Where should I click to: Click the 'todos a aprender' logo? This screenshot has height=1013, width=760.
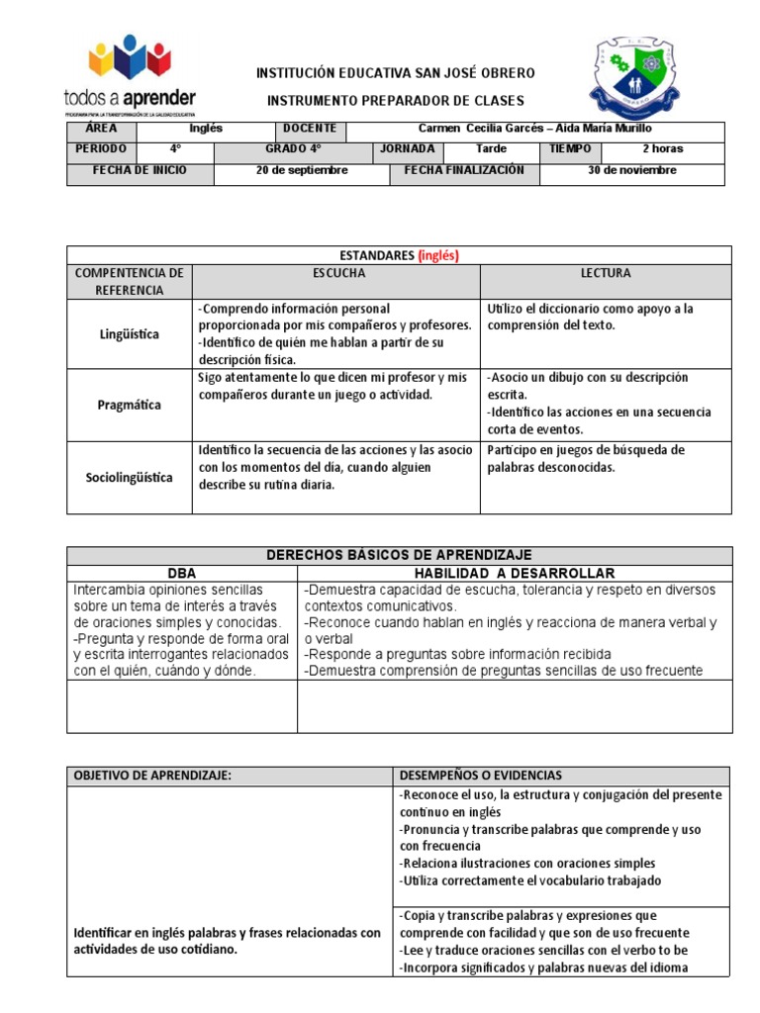pyautogui.click(x=129, y=75)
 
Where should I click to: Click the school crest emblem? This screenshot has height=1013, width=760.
pyautogui.click(x=634, y=79)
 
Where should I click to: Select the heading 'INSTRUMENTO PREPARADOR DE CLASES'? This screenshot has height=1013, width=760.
pyautogui.click(x=396, y=101)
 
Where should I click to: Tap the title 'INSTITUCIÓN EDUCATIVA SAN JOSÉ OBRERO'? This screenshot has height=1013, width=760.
pyautogui.click(x=396, y=73)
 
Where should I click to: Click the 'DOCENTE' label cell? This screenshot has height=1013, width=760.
pyautogui.click(x=311, y=129)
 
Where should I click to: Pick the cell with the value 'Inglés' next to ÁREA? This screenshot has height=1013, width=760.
pyautogui.click(x=206, y=129)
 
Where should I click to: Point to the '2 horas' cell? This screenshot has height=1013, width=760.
pyautogui.click(x=662, y=149)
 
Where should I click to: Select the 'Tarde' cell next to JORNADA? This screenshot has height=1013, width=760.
pyautogui.click(x=491, y=149)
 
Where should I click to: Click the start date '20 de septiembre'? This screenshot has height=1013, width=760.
pyautogui.click(x=302, y=170)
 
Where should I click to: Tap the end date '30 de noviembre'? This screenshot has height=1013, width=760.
pyautogui.click(x=631, y=170)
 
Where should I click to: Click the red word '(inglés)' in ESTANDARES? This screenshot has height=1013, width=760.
pyautogui.click(x=437, y=255)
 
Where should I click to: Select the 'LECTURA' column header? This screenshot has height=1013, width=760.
pyautogui.click(x=606, y=273)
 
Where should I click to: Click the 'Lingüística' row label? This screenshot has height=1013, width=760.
pyautogui.click(x=130, y=334)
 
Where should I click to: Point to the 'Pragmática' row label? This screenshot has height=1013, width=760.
pyautogui.click(x=130, y=405)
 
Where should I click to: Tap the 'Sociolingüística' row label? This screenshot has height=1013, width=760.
pyautogui.click(x=130, y=477)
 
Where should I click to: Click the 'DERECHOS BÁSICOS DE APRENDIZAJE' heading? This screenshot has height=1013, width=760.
pyautogui.click(x=400, y=556)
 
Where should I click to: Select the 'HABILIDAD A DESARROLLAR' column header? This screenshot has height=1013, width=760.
pyautogui.click(x=514, y=574)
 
